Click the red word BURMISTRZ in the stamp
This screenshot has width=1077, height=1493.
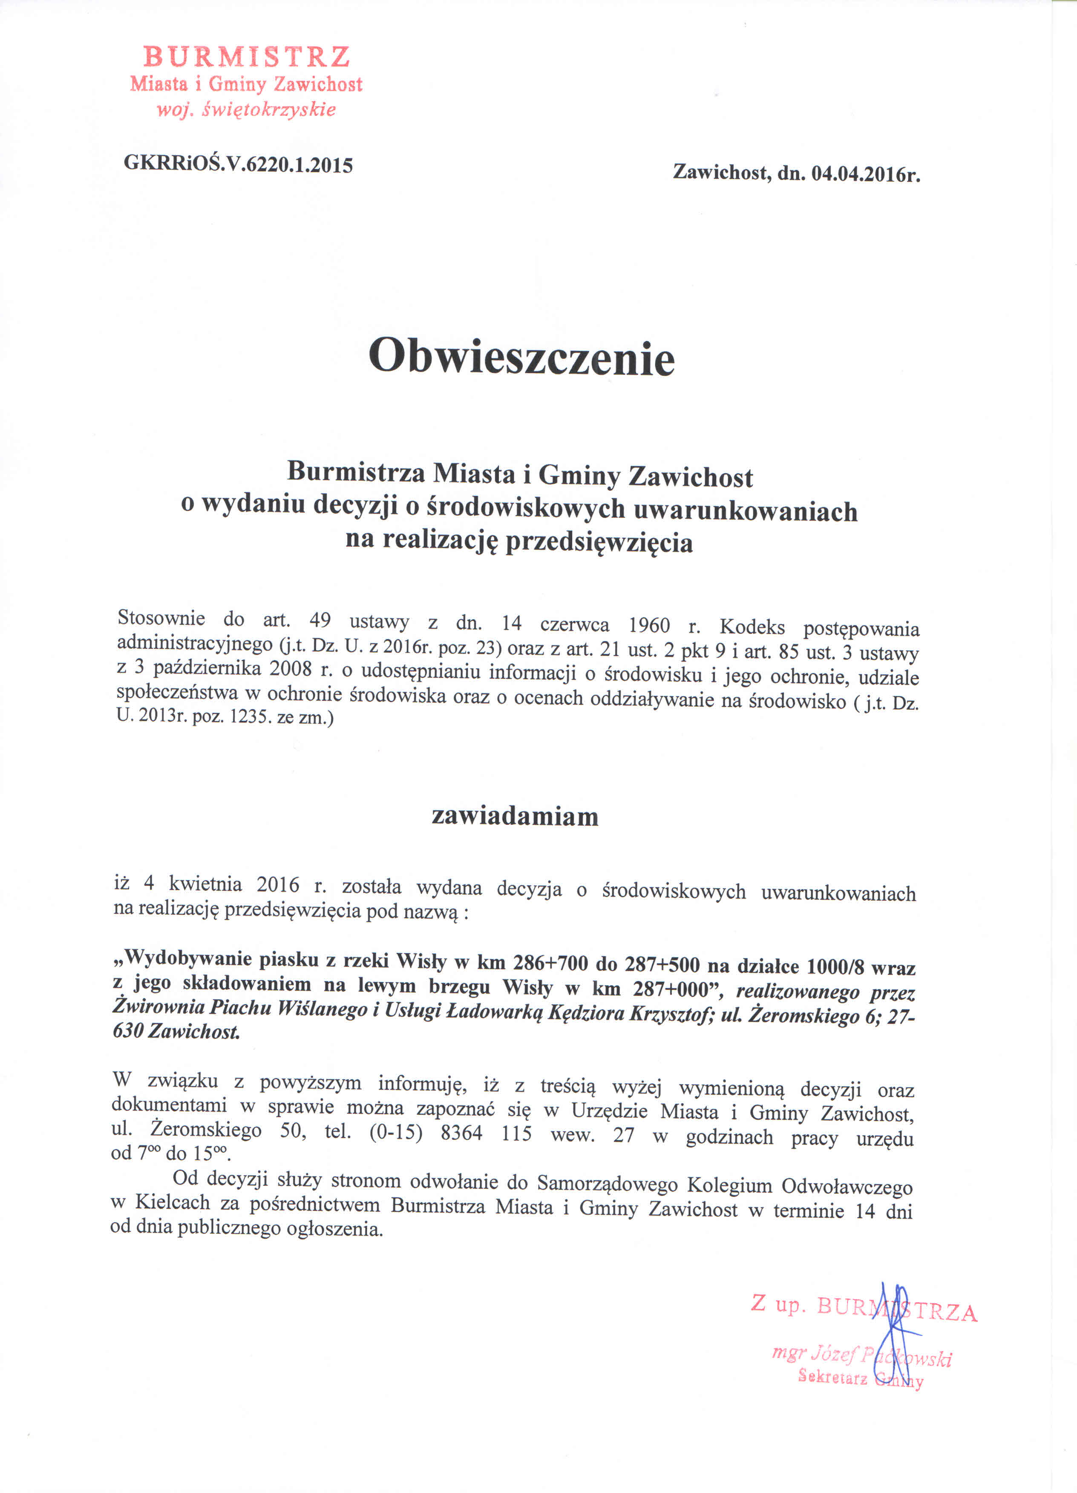click(246, 57)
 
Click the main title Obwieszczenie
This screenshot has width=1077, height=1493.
click(522, 358)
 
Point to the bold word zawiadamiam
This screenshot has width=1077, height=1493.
click(515, 816)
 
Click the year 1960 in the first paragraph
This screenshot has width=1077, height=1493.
click(649, 624)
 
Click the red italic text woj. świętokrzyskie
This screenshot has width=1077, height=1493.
click(245, 109)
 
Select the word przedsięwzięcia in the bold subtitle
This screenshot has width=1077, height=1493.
click(599, 542)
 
